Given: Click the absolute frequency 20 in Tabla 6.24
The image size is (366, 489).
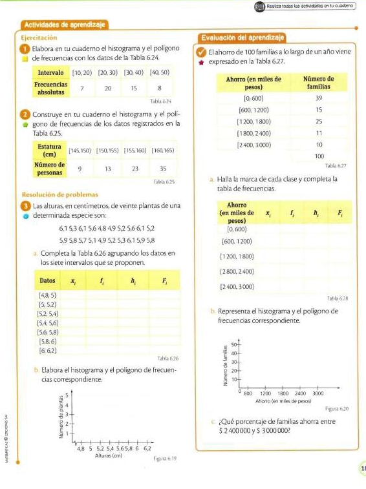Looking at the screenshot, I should (x=108, y=87).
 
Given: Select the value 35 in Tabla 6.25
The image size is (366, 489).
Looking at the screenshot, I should (x=162, y=169).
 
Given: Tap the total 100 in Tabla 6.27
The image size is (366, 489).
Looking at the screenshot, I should (x=319, y=156).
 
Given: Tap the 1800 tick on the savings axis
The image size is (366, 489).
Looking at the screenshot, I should (x=283, y=393).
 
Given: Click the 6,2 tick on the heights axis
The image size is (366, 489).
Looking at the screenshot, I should (x=147, y=447).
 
